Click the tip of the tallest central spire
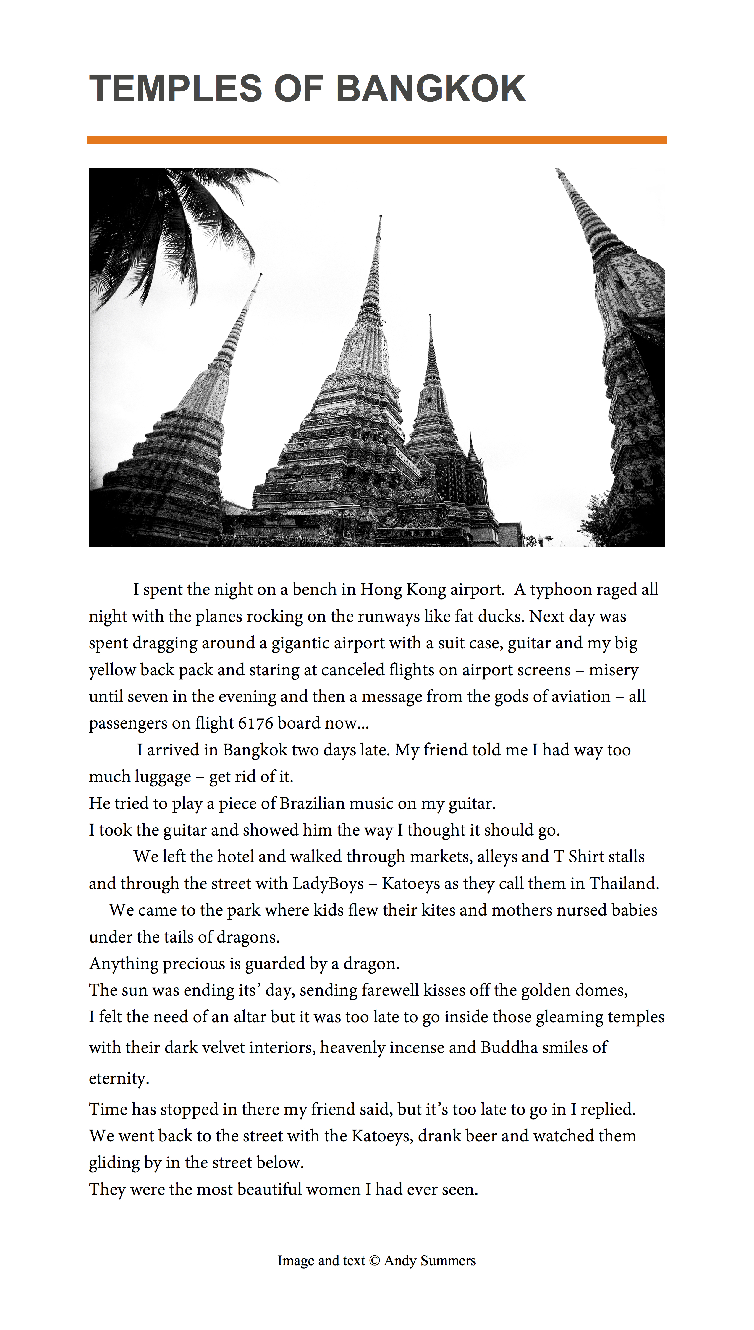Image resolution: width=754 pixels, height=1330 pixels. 381,216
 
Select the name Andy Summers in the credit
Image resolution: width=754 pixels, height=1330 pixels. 430,1261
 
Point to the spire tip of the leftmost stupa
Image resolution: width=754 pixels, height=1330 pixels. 260,275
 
